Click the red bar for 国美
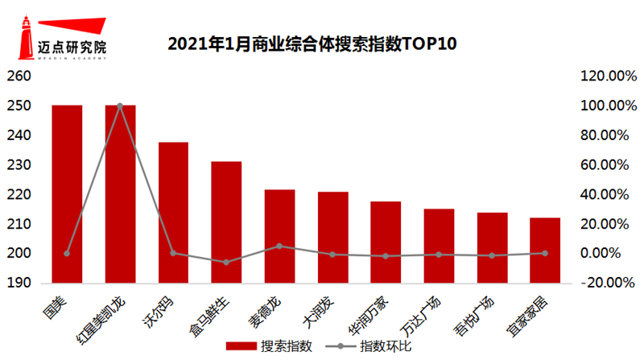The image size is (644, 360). [67, 193]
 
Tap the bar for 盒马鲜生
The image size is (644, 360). [226, 222]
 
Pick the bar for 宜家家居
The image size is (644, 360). [545, 250]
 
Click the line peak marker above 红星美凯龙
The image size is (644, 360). [120, 106]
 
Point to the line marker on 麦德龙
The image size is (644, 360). [279, 246]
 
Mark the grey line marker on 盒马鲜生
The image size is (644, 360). [226, 263]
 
